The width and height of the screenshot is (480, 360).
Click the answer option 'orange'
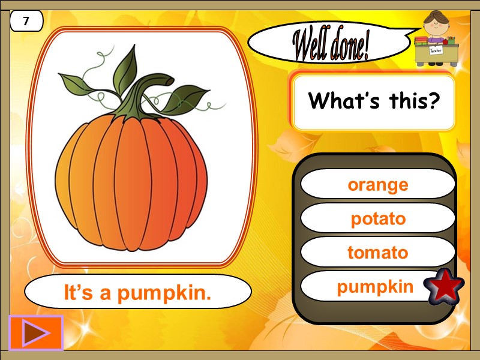pos(377,184)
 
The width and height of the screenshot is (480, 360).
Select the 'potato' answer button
pos(377,218)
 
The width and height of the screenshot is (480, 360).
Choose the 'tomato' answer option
pos(377,253)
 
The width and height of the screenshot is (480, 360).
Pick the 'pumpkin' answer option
pos(374,287)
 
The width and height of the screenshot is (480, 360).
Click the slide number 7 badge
pos(26,22)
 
